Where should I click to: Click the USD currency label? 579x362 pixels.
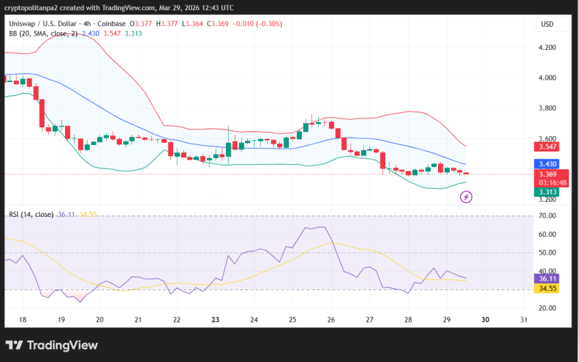click(547, 24)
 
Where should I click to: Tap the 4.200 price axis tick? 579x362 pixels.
click(547, 48)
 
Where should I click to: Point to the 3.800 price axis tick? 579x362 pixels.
click(547, 108)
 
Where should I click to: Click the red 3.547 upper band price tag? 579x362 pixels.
click(547, 146)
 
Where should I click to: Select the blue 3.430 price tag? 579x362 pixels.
click(547, 164)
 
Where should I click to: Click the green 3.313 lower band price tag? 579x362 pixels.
click(547, 192)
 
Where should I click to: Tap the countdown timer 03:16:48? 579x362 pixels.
click(553, 183)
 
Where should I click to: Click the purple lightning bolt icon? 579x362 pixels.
click(466, 197)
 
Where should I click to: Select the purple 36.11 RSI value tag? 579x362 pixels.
click(547, 279)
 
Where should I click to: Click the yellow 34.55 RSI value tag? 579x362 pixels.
click(547, 289)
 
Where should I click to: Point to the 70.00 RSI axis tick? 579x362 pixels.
click(547, 216)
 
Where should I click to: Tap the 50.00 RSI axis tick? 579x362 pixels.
click(547, 253)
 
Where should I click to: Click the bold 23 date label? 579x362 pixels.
click(215, 320)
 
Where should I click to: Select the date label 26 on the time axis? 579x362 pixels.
click(331, 320)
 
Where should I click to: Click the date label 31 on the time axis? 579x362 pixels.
click(523, 320)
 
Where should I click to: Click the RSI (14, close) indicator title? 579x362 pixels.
click(31, 214)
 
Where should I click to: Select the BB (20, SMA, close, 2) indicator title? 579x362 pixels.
click(43, 34)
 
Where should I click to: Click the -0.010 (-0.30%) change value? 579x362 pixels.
click(257, 24)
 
